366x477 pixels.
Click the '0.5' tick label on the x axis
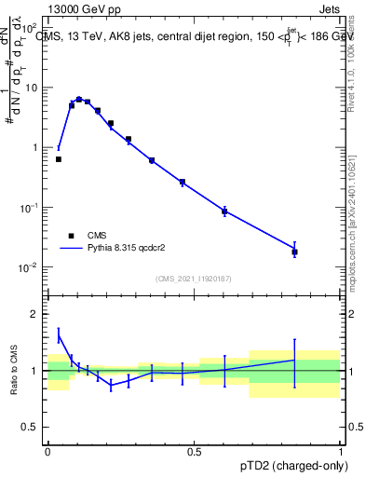click(x=194, y=450)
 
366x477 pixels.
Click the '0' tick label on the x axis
click(x=47, y=450)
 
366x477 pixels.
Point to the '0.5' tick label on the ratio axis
click(x=31, y=428)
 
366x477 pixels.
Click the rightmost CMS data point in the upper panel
click(x=294, y=252)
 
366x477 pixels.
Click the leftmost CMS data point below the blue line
click(x=59, y=159)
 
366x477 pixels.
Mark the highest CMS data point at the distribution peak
click(x=78, y=99)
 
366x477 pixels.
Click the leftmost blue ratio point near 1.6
click(x=59, y=335)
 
